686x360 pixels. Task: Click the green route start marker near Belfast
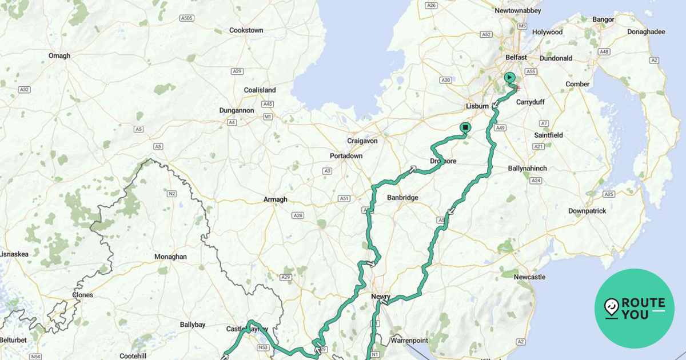[x=509, y=77]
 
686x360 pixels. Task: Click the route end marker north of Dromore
[x=465, y=127]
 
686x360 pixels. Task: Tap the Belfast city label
[x=516, y=58]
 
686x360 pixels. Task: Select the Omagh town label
[x=59, y=55]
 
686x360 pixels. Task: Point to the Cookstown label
[x=246, y=30]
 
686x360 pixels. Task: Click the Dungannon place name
[x=236, y=110]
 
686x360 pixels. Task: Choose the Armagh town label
[x=275, y=199]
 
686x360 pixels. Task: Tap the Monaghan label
[x=170, y=257]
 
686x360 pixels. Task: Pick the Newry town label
[x=381, y=297]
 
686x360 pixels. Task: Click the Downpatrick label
[x=587, y=211]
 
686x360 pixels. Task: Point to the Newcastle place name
[x=529, y=277]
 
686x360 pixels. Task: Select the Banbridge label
[x=402, y=198]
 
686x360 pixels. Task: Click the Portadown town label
[x=346, y=156]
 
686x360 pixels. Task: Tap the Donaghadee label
[x=646, y=32]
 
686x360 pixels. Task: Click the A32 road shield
[x=24, y=90]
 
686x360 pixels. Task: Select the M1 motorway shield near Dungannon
[x=268, y=117]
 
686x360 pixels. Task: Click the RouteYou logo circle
[x=635, y=309]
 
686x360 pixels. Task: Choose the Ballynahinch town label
[x=527, y=169]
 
